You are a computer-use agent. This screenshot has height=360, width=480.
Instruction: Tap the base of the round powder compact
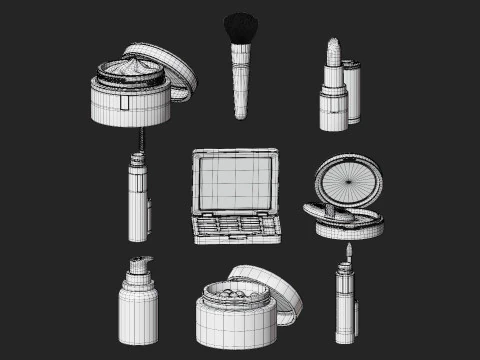coord(349,226)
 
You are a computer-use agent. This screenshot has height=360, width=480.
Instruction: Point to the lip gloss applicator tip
coord(348,249)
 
